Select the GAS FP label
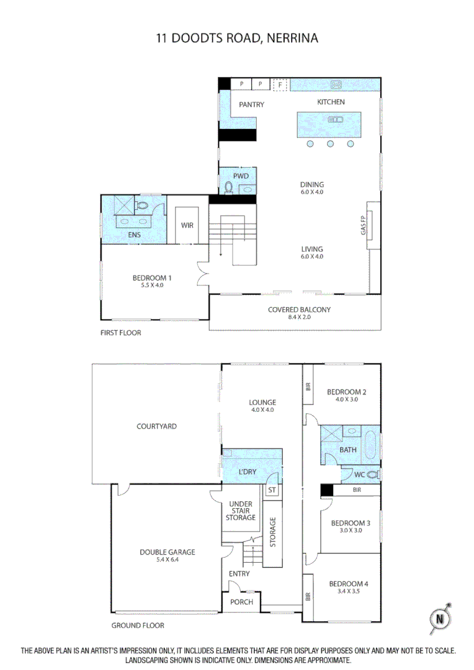click(364, 225)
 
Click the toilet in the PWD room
click(229, 187)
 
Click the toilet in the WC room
click(372, 475)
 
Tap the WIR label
click(187, 225)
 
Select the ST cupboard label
click(271, 490)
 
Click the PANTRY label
click(251, 105)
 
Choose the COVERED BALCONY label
click(299, 310)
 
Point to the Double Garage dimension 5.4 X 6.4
click(168, 560)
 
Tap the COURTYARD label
click(156, 426)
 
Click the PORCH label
click(241, 602)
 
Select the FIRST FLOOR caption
click(120, 333)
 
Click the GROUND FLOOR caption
click(138, 625)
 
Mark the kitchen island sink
click(336, 119)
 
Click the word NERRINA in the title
click(292, 38)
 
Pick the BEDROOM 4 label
click(348, 584)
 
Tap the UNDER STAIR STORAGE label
click(242, 511)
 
